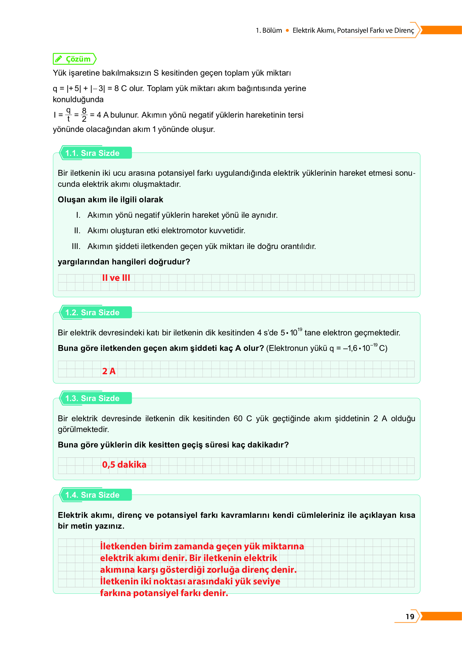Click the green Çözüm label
78,59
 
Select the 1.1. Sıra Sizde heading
92,153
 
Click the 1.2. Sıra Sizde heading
92,312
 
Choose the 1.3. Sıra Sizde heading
92,398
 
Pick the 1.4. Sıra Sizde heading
92,495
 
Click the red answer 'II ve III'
116,278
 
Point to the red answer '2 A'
109,371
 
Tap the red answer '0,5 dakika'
124,464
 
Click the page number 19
410,616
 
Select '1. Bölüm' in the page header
269,30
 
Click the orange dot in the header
287,30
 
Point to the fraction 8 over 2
84,115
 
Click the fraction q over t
68,114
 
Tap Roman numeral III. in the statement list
76,246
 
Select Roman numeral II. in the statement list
77,231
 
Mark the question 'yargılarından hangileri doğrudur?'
124,262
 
